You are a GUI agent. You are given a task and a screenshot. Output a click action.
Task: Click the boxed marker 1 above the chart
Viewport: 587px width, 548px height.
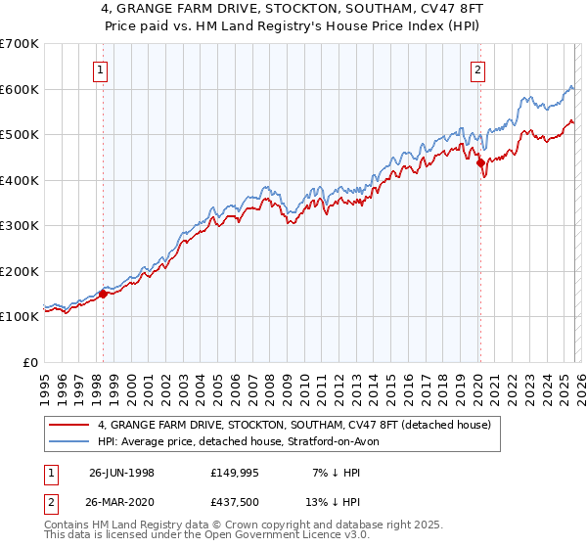103,68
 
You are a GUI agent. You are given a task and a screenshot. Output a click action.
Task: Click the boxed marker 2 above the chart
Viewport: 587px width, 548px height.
477,68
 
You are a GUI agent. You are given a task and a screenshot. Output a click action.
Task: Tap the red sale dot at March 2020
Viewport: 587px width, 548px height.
480,163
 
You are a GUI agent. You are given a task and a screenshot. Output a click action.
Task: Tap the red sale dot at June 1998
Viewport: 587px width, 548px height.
104,294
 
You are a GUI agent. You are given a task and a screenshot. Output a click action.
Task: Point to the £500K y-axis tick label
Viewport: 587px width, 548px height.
19,134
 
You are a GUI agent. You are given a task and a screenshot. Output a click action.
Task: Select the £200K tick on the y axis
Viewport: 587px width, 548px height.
19,271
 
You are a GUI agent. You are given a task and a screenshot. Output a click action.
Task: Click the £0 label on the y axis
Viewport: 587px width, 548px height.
29,362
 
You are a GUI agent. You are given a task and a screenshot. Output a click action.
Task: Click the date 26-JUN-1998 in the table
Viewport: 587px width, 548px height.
121,472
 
